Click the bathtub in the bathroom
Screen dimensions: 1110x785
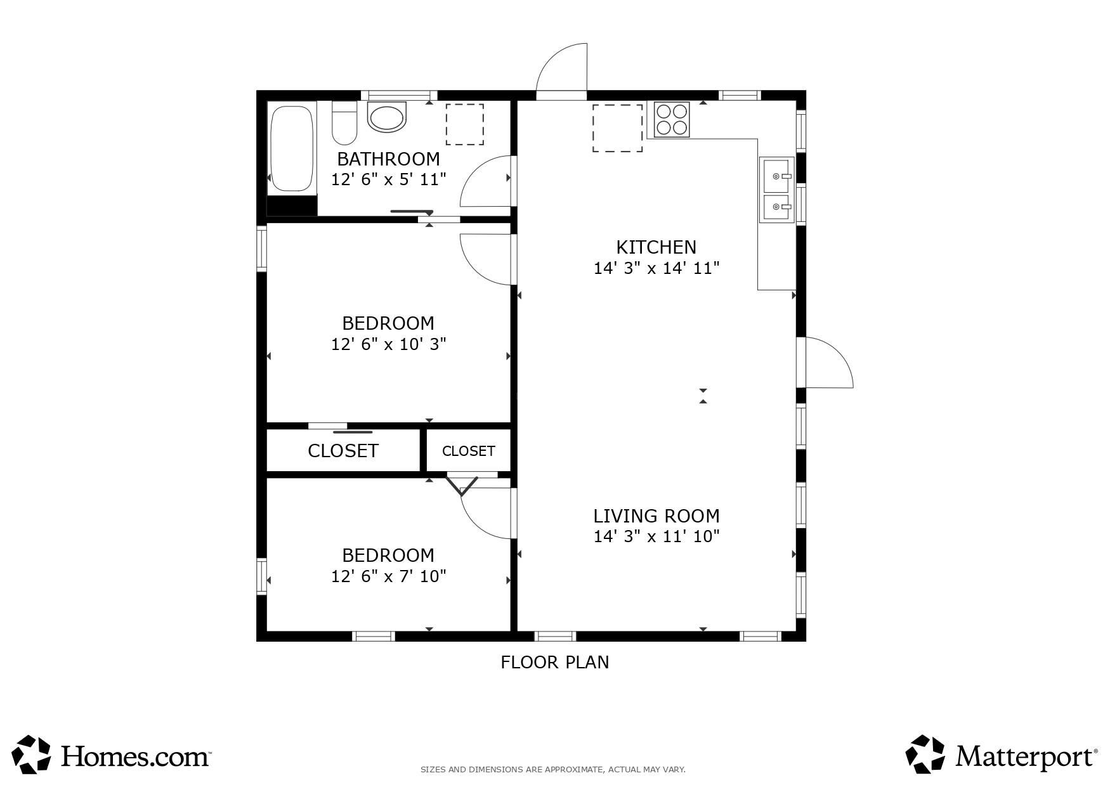click(292, 149)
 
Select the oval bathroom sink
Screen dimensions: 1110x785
click(387, 117)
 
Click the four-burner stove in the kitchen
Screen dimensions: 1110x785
click(672, 119)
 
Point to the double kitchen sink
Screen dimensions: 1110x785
click(776, 189)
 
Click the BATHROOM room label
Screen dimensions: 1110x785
click(388, 159)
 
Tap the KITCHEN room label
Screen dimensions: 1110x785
click(656, 247)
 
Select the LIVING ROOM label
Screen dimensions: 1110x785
click(656, 516)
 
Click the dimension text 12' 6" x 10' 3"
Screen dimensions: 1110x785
click(389, 344)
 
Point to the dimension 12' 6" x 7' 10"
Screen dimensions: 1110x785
click(389, 576)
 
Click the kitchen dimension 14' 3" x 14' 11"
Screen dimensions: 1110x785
click(656, 268)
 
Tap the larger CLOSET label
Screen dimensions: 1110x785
click(343, 451)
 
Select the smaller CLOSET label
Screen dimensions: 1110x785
click(468, 451)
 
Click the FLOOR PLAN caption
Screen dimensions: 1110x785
click(555, 663)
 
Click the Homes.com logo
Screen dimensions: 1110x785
click(112, 755)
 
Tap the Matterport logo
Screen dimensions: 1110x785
click(1002, 755)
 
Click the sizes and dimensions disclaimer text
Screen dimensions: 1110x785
click(553, 770)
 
